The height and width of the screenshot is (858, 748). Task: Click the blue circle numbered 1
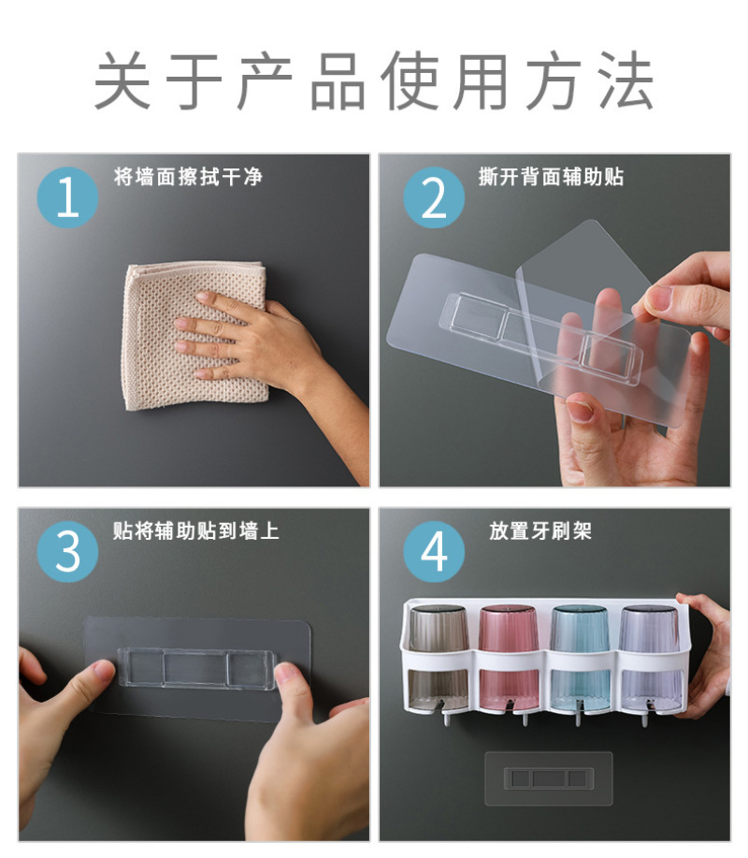click(68, 197)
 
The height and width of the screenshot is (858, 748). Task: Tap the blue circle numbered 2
click(434, 197)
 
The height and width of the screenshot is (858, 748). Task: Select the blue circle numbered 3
click(68, 552)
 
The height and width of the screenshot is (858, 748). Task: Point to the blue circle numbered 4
click(434, 552)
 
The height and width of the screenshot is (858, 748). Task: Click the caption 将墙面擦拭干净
click(188, 177)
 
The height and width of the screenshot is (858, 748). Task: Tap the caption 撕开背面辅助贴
click(551, 177)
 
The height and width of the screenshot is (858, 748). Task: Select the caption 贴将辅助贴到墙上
click(195, 531)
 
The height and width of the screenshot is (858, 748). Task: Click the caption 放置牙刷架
click(540, 531)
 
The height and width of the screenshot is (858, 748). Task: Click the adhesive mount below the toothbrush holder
click(549, 778)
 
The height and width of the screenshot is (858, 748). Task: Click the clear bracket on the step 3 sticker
click(195, 668)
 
